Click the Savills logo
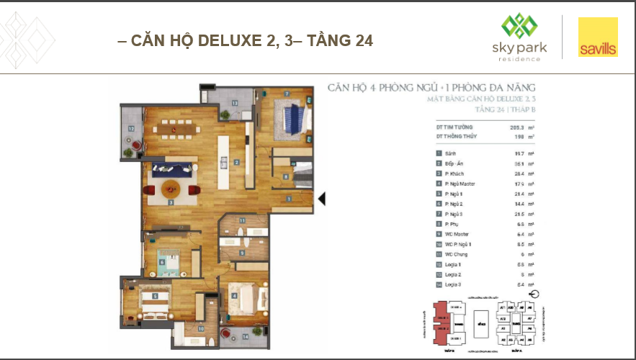coord(598,37)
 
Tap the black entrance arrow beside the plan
coord(322,199)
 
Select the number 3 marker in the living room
coord(171,203)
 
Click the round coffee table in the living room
coord(171,189)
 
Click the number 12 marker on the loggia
coord(130,129)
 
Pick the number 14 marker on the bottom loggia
coord(245,336)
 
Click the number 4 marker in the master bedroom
coord(234,286)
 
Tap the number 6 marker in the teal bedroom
coord(162,262)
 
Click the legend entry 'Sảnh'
coord(449,153)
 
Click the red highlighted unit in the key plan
coord(440,321)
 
